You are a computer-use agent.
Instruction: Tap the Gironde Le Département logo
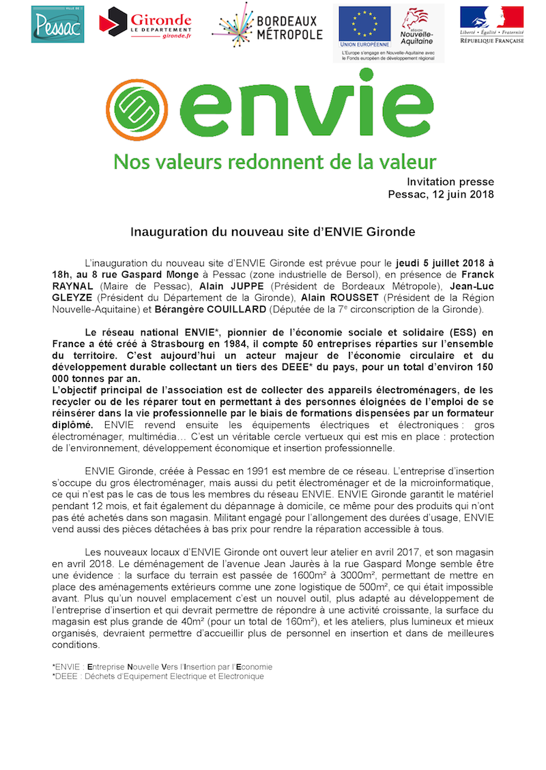pos(145,24)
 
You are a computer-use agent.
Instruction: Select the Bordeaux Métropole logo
pos(267,25)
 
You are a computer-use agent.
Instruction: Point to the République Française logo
pos(491,25)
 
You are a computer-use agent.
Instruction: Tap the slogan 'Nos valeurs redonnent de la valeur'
pos(274,163)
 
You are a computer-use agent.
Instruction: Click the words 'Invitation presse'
pos(450,182)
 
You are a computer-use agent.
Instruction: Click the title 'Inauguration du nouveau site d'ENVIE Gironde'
pos(273,232)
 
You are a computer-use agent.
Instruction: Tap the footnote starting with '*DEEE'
pos(158,676)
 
